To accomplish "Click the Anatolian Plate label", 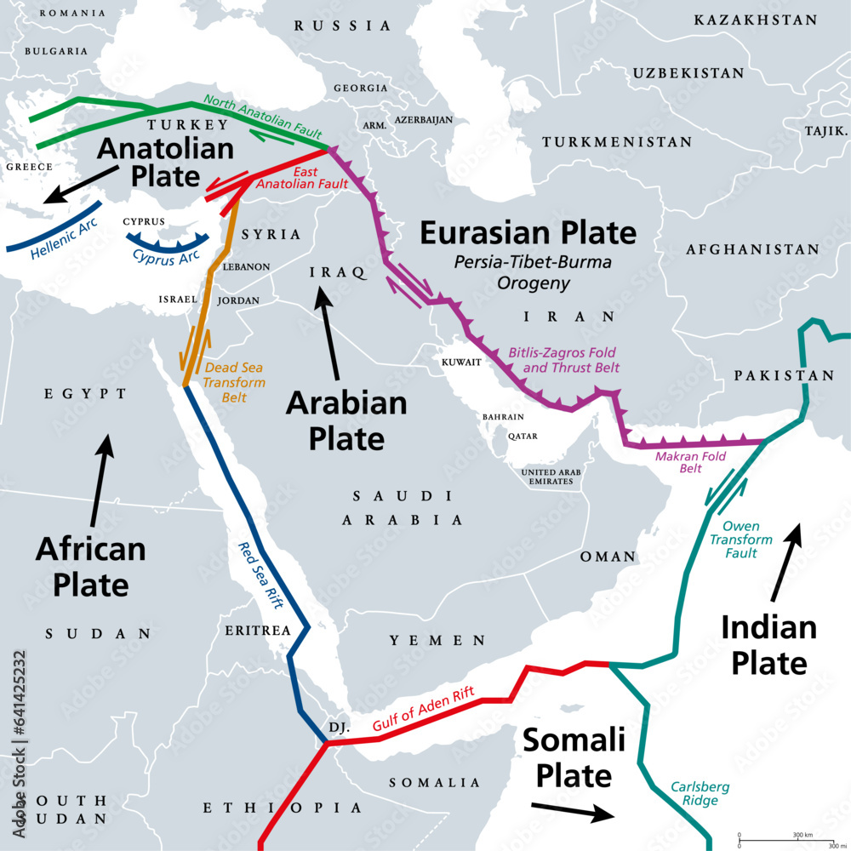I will pyautogui.click(x=165, y=163).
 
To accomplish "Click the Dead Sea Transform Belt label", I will pyautogui.click(x=233, y=382).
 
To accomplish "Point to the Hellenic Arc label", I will pyautogui.click(x=65, y=239).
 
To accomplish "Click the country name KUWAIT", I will pyautogui.click(x=462, y=362).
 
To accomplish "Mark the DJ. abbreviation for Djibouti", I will pyautogui.click(x=339, y=728).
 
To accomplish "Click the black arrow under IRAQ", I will pyautogui.click(x=330, y=335).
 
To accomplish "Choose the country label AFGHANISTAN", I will pyautogui.click(x=752, y=249).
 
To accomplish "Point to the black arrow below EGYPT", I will pyautogui.click(x=100, y=480).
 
